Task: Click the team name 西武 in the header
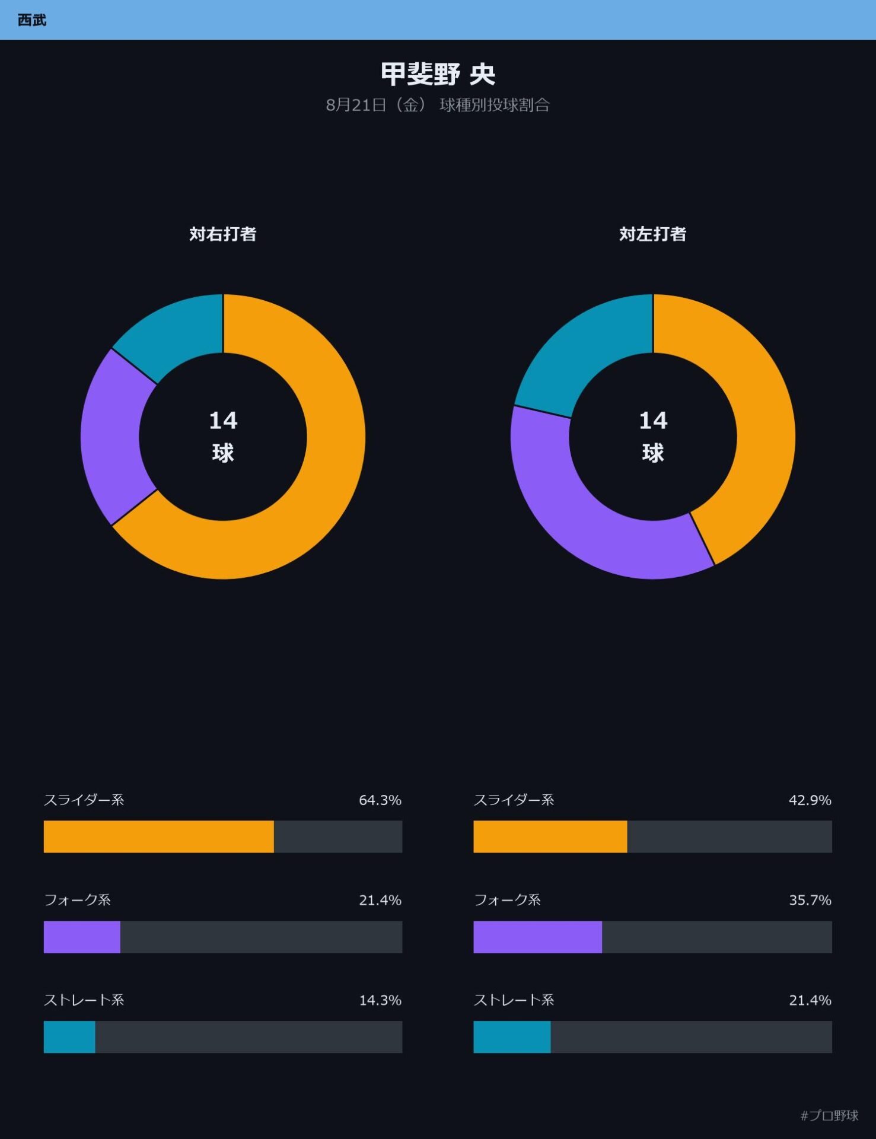point(32,20)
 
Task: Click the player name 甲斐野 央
point(438,74)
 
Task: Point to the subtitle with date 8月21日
point(438,105)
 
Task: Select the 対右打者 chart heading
point(223,234)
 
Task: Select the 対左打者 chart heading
point(653,234)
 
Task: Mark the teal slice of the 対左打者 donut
point(584,350)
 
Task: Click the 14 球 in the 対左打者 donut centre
point(653,437)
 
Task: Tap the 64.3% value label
point(380,800)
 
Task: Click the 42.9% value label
point(810,800)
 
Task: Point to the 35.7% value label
point(810,900)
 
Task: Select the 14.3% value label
point(380,1000)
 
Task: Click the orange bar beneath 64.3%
point(159,836)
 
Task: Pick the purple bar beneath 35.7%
point(538,937)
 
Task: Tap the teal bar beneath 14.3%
point(69,1037)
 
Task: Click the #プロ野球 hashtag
point(829,1115)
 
